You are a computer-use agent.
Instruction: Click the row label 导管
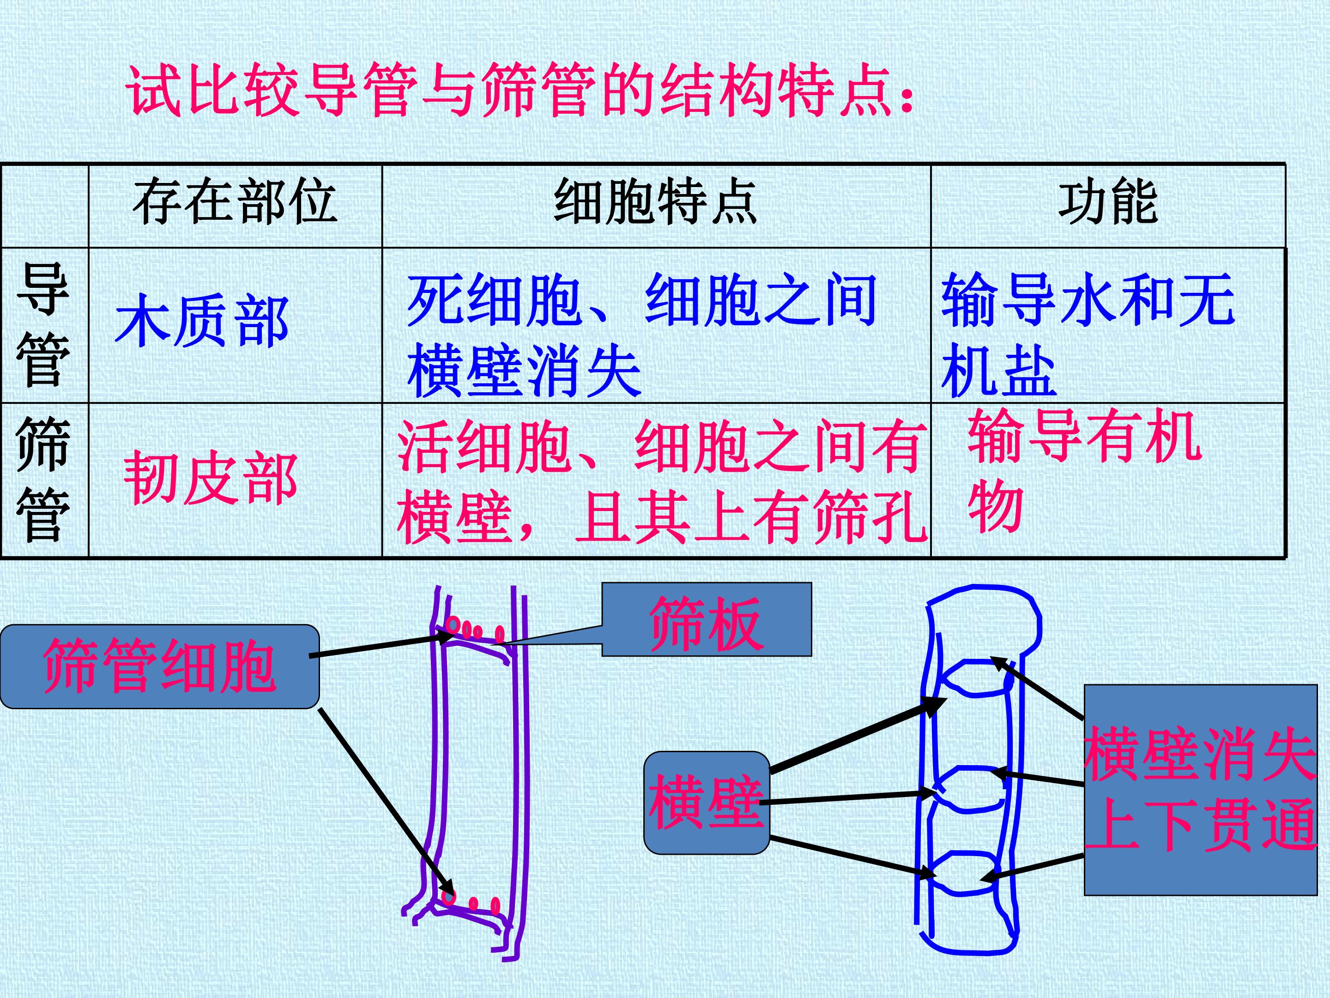(x=43, y=325)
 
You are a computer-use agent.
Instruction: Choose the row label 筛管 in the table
(x=43, y=480)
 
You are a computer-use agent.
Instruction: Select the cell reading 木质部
(x=202, y=321)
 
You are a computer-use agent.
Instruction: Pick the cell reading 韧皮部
(x=211, y=478)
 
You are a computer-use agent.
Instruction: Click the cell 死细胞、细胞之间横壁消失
(x=641, y=335)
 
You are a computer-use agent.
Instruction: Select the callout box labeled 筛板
(x=707, y=619)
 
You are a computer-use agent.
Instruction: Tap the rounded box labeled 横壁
(x=707, y=803)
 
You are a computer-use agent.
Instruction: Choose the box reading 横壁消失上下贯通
(x=1201, y=790)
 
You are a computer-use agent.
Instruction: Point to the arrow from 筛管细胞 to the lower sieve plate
(x=386, y=803)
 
